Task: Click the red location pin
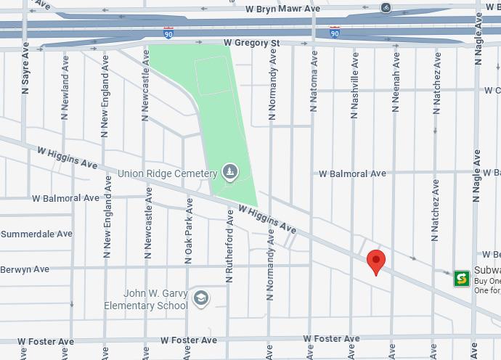tap(375, 261)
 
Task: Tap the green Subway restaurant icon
tap(461, 278)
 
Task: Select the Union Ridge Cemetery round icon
tap(229, 172)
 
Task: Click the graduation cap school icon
tap(200, 298)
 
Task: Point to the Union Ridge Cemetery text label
tap(167, 174)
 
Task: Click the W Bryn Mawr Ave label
tap(282, 9)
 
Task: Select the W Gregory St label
tap(251, 44)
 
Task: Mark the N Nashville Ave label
tap(355, 83)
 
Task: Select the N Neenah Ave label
tap(396, 86)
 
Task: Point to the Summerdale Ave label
tap(36, 234)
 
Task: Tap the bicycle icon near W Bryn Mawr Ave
tap(386, 7)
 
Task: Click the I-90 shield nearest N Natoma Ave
tap(334, 33)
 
